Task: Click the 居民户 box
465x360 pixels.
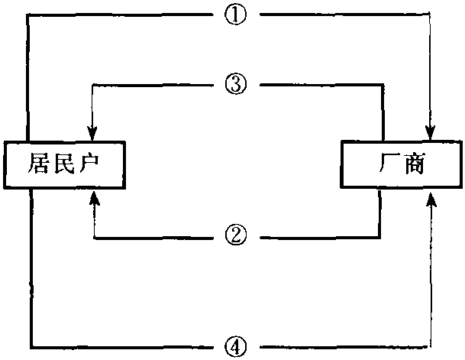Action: point(65,164)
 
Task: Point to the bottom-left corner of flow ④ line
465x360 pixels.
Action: point(31,345)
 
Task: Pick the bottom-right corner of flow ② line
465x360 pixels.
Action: point(380,237)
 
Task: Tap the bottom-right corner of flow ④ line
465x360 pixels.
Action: point(433,345)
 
